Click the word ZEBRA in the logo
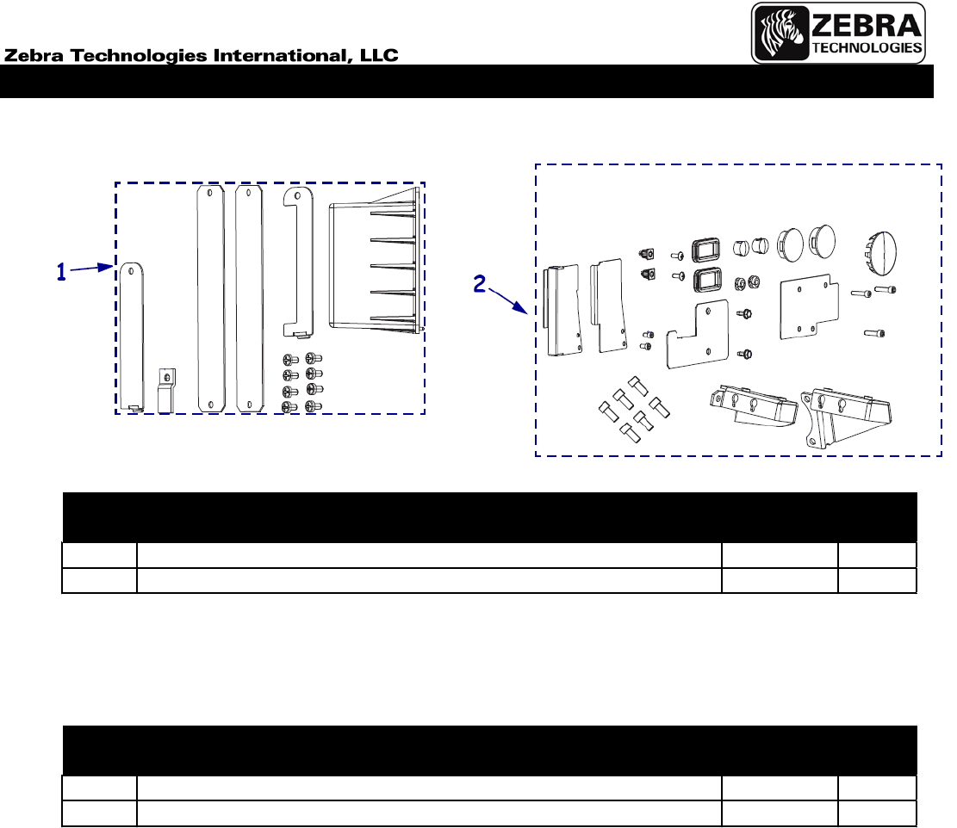click(866, 26)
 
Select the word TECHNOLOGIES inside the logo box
click(867, 47)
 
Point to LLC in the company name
click(379, 55)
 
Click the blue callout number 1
click(61, 272)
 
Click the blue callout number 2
click(480, 283)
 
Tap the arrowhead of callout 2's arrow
click(522, 308)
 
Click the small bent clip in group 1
click(166, 391)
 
